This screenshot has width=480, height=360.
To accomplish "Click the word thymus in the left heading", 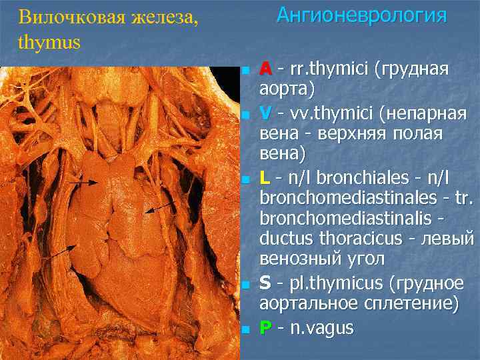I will point(49,42).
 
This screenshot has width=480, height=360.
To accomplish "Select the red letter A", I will point(265,69).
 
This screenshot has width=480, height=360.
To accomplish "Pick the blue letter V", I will point(265,112).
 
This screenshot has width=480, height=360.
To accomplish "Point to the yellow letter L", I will point(264,177).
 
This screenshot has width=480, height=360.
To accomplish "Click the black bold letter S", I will point(265,284).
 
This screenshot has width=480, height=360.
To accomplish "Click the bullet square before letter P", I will point(246,329).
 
